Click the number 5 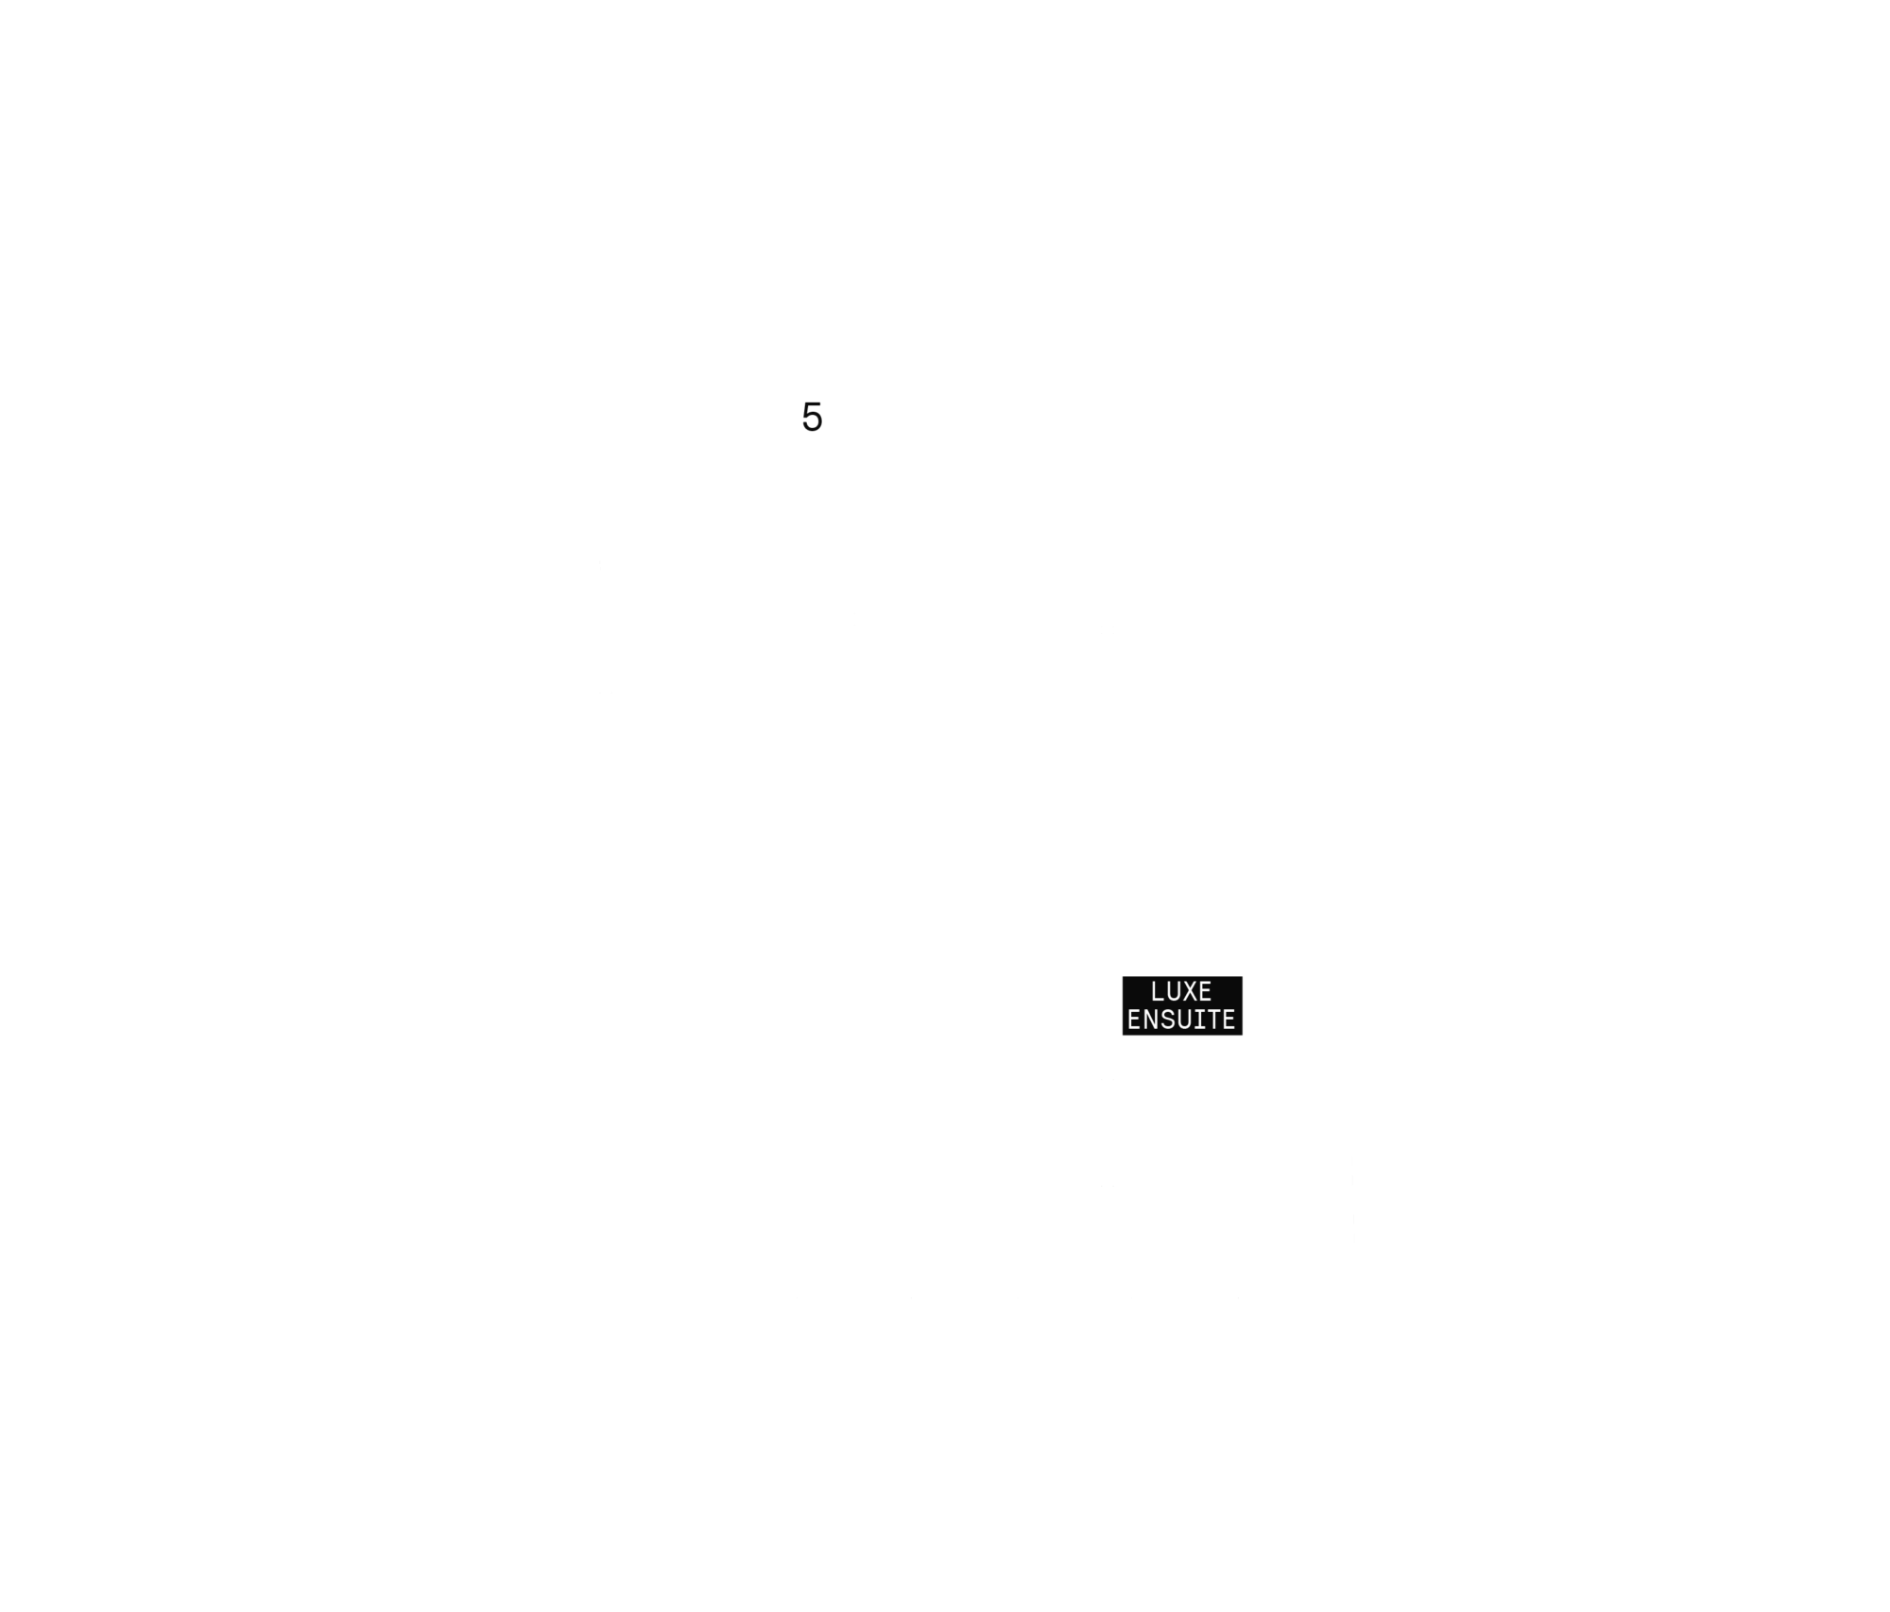click(812, 417)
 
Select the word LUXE click(1181, 991)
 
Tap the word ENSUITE click(1181, 1020)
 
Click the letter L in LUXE click(1158, 991)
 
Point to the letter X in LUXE click(1189, 991)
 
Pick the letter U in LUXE click(1174, 991)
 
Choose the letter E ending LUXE click(1205, 991)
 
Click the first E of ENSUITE click(1135, 1020)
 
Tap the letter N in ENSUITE click(1150, 1020)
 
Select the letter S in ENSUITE click(1166, 1020)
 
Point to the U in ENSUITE click(1181, 1020)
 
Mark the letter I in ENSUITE click(1197, 1020)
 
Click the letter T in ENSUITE click(1212, 1020)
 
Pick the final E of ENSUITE click(1228, 1020)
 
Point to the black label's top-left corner click(1123, 977)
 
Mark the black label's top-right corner click(1242, 977)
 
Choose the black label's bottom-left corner click(1123, 1035)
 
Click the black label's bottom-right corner click(1242, 1035)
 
